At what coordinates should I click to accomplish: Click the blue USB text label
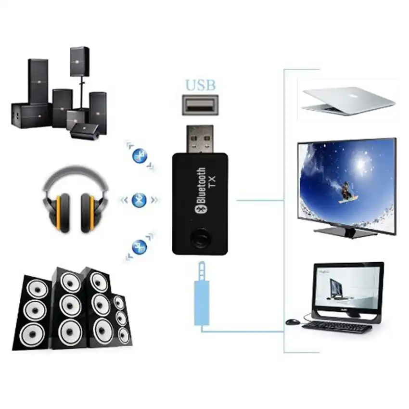point(200,85)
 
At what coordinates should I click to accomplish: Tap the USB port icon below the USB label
point(200,104)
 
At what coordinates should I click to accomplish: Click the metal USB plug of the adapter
point(199,140)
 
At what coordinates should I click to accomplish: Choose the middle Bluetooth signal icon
point(139,199)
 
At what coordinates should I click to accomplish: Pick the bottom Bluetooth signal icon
point(140,247)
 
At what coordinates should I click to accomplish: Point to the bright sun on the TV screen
point(360,164)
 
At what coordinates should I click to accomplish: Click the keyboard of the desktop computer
point(337,327)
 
